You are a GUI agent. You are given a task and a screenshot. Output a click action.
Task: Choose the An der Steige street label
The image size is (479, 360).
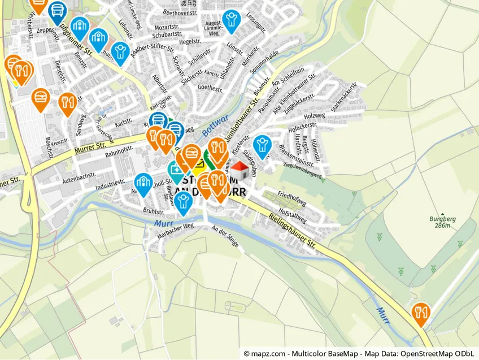[225, 237]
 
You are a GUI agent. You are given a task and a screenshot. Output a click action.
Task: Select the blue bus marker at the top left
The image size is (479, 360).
[57, 10]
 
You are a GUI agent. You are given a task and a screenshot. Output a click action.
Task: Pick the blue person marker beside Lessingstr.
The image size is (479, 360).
[230, 19]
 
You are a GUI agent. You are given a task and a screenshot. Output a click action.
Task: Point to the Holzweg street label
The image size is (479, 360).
[315, 116]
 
